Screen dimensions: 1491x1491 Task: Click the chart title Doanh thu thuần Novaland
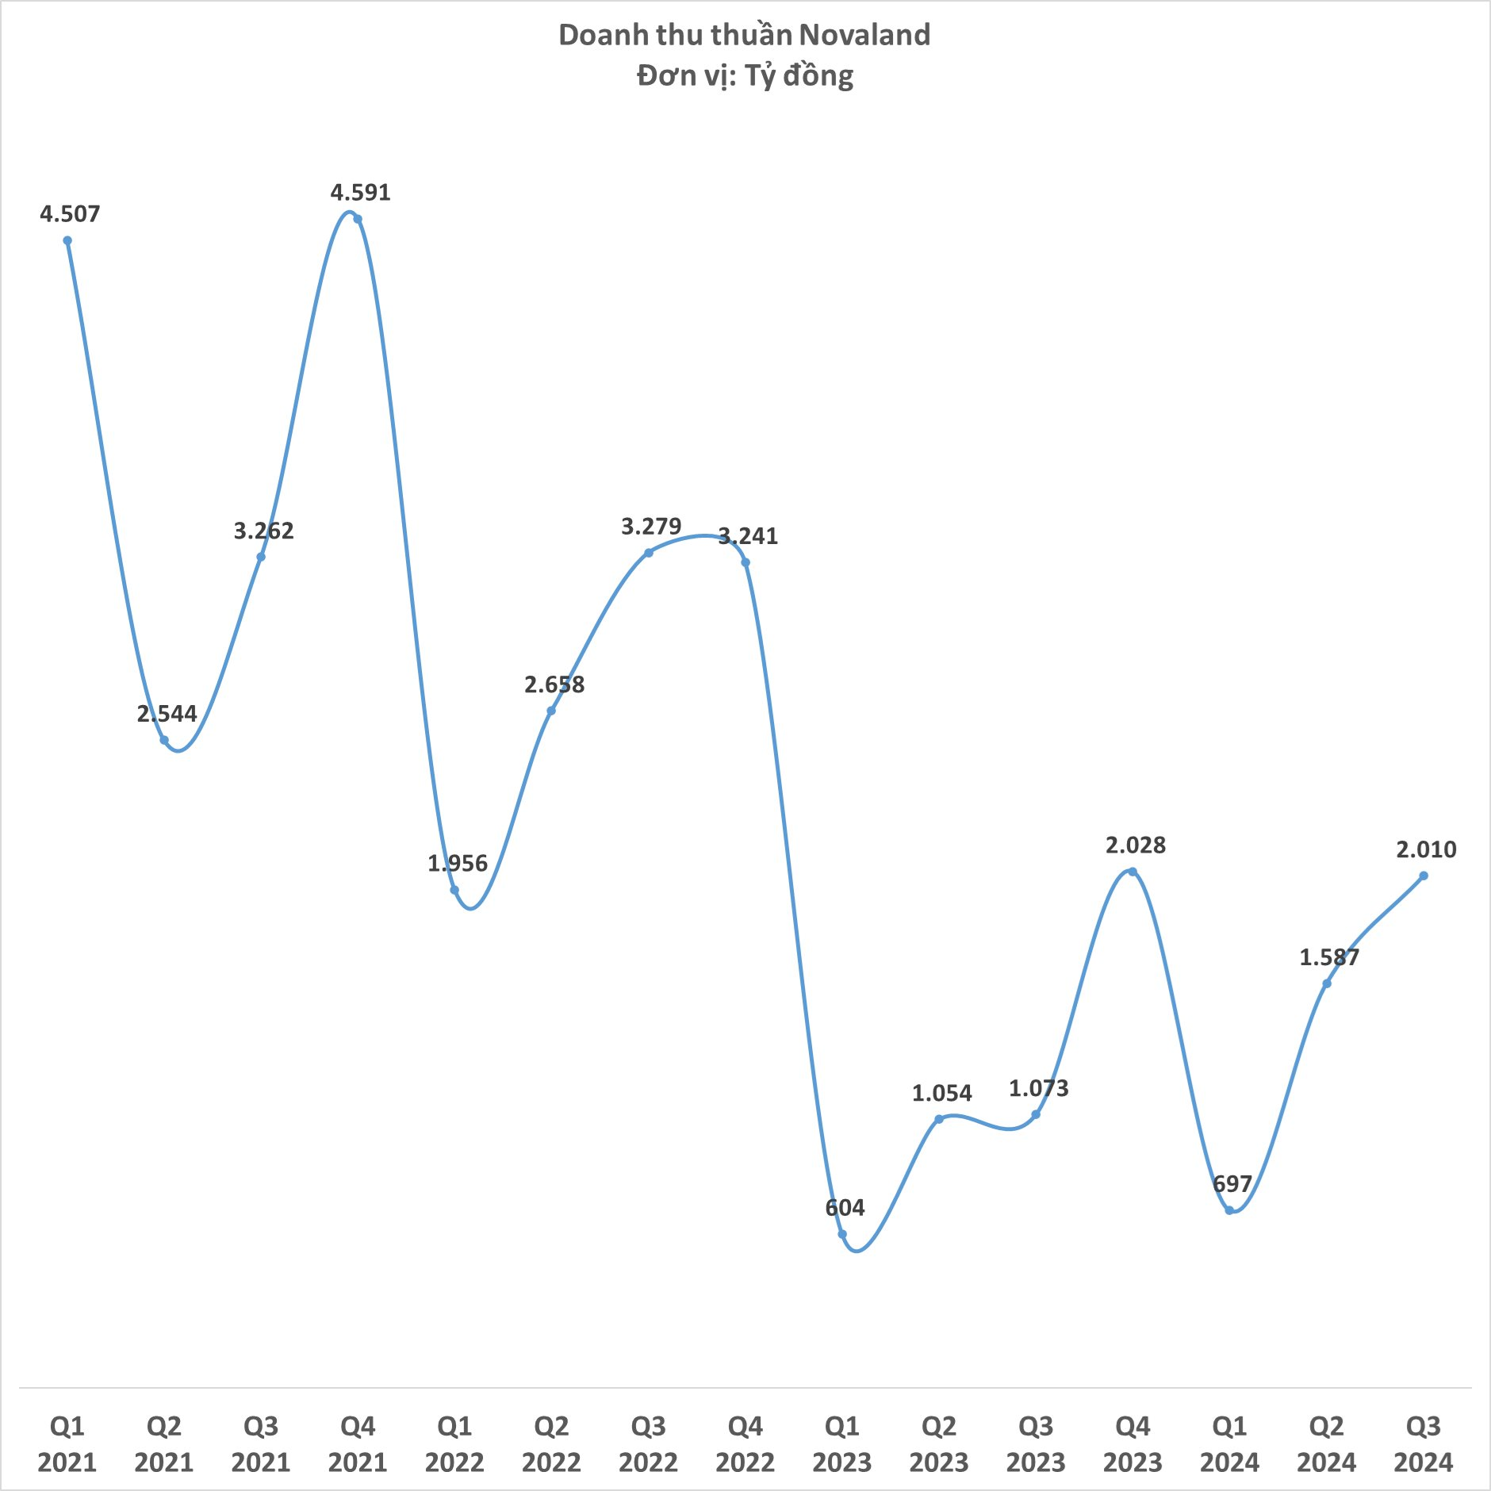[745, 35]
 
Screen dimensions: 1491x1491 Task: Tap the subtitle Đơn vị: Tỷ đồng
[745, 76]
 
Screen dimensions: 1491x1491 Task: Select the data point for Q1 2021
[67, 241]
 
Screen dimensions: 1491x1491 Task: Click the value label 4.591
[361, 193]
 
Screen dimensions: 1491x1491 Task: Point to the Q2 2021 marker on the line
[164, 740]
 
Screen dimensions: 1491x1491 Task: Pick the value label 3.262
[263, 531]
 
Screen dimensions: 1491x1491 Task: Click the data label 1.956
[458, 863]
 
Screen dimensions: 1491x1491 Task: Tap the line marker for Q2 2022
[551, 711]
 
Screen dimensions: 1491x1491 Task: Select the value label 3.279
[651, 527]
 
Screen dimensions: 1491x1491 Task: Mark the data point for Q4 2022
[745, 562]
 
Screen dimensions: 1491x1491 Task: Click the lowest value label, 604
[845, 1208]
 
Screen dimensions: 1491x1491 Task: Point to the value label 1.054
[941, 1093]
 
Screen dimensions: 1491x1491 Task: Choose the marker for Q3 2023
[1036, 1114]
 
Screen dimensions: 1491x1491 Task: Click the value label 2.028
[1136, 845]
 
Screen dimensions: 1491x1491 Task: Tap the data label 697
[1232, 1184]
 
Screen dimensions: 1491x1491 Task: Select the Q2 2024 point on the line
[1327, 983]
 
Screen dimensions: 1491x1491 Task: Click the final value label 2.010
[1426, 849]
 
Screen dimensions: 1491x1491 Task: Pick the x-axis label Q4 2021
[358, 1444]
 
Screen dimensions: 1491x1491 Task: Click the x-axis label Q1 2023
[842, 1444]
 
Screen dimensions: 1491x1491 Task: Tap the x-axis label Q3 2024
[1424, 1444]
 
